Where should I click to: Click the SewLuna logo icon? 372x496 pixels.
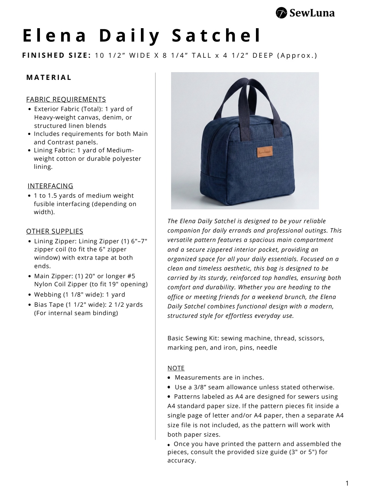[x=281, y=13]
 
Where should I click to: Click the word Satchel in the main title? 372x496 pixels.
[x=216, y=36]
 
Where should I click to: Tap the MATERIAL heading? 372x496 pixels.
[x=49, y=78]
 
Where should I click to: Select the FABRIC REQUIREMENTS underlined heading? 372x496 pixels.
[x=66, y=99]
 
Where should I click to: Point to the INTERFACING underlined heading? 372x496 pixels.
[x=50, y=186]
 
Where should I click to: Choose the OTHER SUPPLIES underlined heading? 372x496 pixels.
[x=55, y=231]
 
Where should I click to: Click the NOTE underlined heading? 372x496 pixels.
[x=176, y=368]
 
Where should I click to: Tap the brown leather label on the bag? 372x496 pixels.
[x=265, y=152]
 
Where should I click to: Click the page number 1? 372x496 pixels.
[x=347, y=483]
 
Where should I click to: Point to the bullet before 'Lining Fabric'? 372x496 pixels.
[x=30, y=151]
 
